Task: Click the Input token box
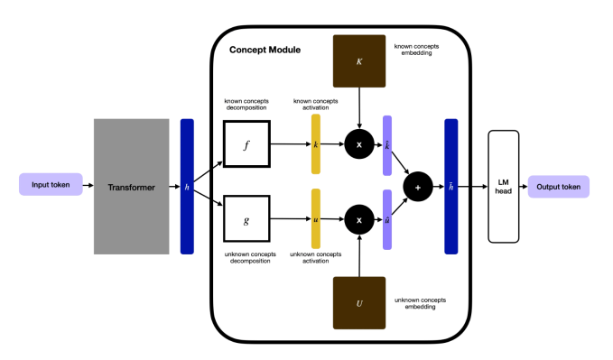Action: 51,186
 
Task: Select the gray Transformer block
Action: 132,186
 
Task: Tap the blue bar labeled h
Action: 187,186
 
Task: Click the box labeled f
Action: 246,143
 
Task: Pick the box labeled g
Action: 246,219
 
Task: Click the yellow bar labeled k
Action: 316,143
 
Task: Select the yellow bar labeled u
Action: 316,218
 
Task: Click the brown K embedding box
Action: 360,60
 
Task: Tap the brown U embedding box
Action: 360,303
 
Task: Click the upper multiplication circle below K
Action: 360,143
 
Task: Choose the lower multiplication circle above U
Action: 360,219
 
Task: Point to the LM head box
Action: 505,186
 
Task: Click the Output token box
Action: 559,186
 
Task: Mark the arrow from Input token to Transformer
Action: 88,186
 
